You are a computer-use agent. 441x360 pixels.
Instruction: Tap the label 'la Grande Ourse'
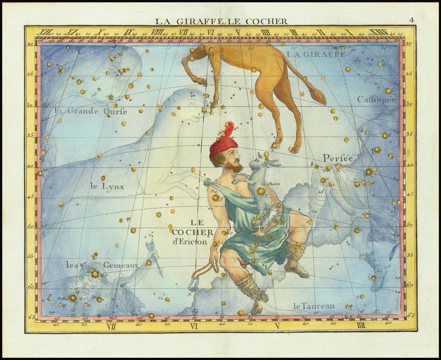91,111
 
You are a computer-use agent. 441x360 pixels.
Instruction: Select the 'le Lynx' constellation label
107,187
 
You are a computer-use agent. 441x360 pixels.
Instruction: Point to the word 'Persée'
339,158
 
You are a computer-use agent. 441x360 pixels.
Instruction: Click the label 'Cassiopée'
377,100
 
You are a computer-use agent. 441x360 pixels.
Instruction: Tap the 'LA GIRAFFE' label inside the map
316,54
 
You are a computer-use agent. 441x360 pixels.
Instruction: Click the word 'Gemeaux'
120,265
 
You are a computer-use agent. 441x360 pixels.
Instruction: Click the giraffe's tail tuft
318,96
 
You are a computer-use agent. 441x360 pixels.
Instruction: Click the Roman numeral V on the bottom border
277,326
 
